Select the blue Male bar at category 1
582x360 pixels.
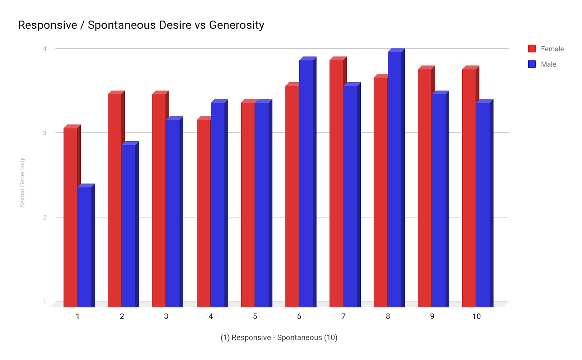(x=84, y=247)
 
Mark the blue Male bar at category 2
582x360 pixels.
(x=128, y=226)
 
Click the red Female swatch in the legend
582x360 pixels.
(x=532, y=49)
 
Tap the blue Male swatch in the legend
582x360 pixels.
(x=532, y=64)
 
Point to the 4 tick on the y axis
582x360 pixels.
(x=45, y=48)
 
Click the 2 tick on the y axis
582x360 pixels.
(x=45, y=217)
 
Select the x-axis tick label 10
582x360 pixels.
(x=477, y=316)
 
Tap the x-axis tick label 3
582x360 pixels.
(x=166, y=316)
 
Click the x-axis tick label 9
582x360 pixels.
(x=432, y=316)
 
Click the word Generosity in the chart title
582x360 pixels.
(x=236, y=25)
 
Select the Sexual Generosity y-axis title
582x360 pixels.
(x=23, y=182)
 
